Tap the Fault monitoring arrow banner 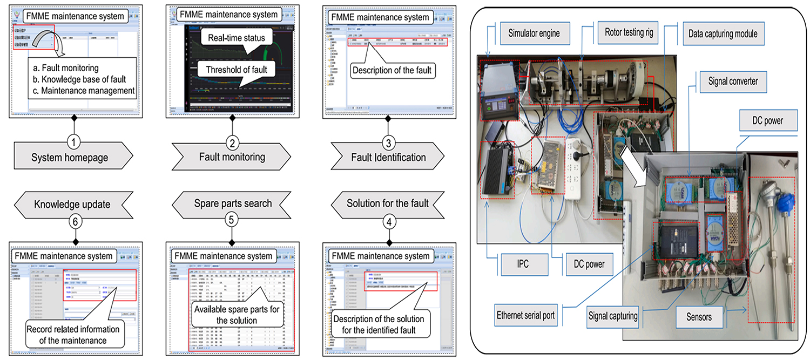click(232, 158)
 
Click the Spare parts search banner click(232, 204)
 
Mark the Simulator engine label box click(534, 33)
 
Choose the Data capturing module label click(723, 33)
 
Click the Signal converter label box click(733, 81)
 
